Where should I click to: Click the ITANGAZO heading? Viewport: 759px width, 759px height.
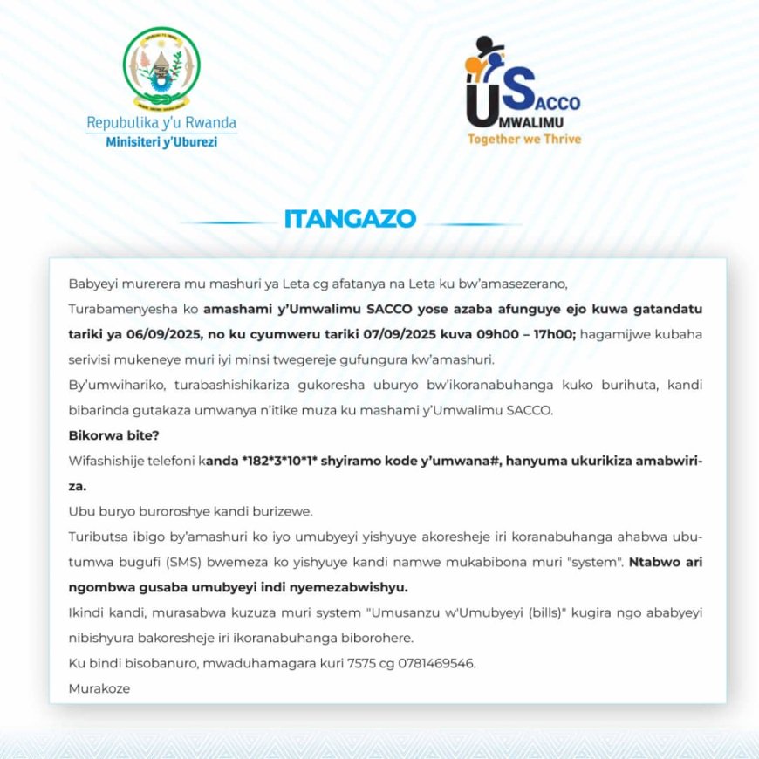350,220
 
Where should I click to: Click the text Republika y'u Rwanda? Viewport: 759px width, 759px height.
161,123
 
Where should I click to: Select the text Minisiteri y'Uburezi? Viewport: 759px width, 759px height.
161,142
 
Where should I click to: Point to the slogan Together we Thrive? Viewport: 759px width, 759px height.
523,138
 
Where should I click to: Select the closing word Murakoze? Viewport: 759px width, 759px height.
99,688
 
